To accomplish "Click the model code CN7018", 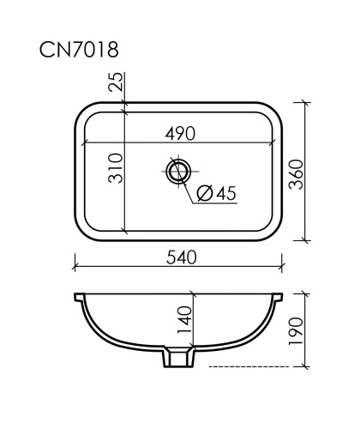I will coord(78,50).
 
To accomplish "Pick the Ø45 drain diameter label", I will coord(216,194).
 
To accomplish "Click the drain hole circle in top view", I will coord(178,172).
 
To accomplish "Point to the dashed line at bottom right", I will coord(249,368).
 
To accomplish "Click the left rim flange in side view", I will coord(78,298).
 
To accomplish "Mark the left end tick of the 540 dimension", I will coord(74,266).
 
